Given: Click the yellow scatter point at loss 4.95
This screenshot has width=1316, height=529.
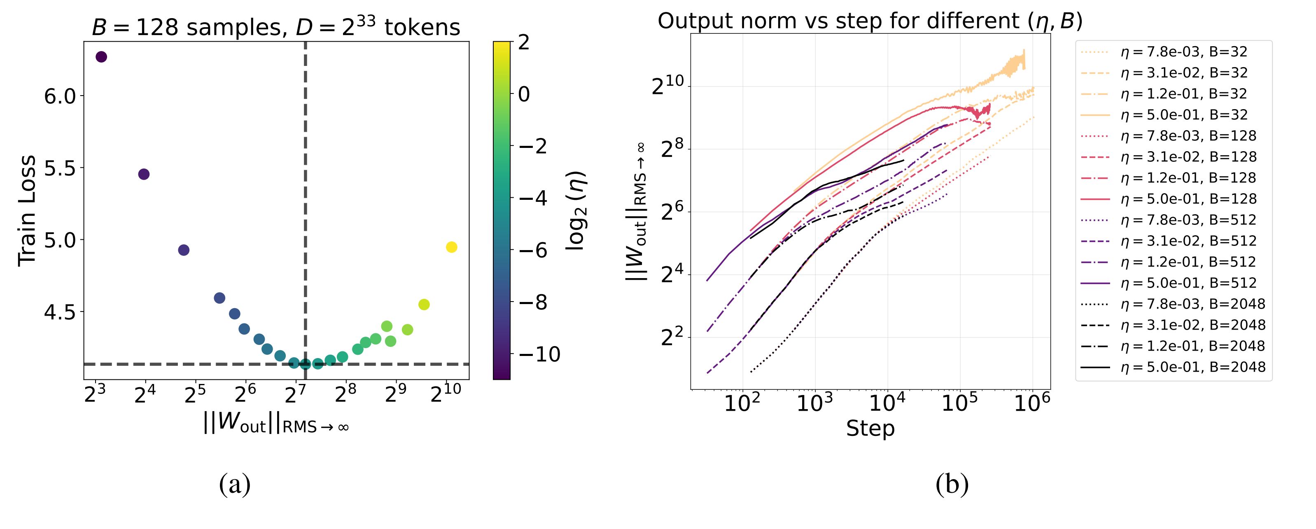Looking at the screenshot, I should (x=451, y=247).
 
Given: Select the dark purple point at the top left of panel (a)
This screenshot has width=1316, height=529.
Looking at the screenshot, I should (x=101, y=57).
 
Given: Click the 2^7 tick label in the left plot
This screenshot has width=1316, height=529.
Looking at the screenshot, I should (x=296, y=394).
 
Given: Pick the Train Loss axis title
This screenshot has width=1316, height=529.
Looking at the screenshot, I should (x=28, y=211).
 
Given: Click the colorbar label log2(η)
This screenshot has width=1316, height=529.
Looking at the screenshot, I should (x=576, y=211).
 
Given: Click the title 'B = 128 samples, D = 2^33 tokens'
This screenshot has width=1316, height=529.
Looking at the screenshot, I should (x=276, y=27).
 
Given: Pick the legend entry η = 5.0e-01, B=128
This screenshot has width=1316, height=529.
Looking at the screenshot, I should (x=1188, y=199).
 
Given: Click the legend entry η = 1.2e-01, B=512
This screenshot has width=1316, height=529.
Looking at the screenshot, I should (x=1188, y=262).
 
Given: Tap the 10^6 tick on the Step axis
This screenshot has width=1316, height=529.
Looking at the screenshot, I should (x=1032, y=404).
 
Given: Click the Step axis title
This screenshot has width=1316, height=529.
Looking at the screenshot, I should (x=870, y=428).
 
